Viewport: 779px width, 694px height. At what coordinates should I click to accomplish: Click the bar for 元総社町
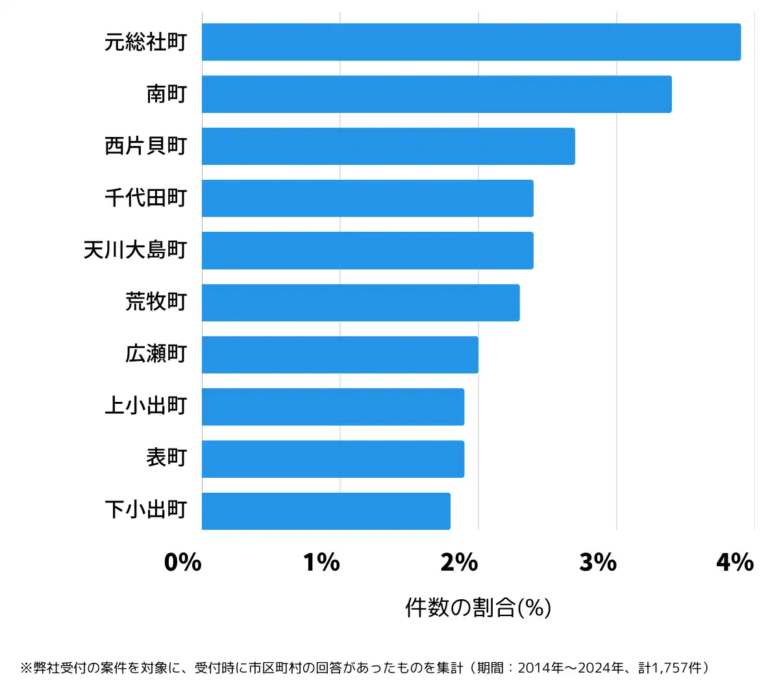(x=471, y=42)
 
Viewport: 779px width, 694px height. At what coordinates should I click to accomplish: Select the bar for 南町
(x=436, y=94)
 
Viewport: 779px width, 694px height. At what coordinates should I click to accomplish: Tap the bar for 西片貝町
(x=388, y=146)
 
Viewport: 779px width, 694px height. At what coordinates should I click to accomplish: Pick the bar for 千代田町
(x=367, y=198)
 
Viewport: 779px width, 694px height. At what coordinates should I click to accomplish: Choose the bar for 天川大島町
(x=367, y=250)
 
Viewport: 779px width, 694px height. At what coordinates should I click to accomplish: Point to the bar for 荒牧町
(x=360, y=303)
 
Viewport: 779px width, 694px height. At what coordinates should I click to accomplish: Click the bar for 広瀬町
(x=340, y=354)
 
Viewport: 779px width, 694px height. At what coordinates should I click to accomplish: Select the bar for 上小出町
(x=332, y=406)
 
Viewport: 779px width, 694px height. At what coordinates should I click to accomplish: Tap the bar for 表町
(x=332, y=458)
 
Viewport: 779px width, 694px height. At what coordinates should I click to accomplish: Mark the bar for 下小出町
(x=326, y=511)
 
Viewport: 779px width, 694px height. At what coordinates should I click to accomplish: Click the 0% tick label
(x=182, y=562)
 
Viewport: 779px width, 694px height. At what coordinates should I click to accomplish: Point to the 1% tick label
(x=321, y=562)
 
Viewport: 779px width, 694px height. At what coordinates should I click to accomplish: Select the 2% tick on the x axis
(x=459, y=562)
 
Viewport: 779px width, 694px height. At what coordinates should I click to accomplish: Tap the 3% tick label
(x=597, y=562)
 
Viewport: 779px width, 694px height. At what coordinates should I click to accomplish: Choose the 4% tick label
(x=735, y=562)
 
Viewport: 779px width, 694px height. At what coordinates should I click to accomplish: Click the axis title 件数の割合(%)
(x=478, y=608)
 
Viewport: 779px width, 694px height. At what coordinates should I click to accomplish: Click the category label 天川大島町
(x=135, y=250)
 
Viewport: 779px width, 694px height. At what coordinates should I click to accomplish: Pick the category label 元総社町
(x=145, y=42)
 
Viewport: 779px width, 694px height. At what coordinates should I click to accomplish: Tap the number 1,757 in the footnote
(x=668, y=668)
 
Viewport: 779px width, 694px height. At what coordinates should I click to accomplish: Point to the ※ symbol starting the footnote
(x=26, y=668)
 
